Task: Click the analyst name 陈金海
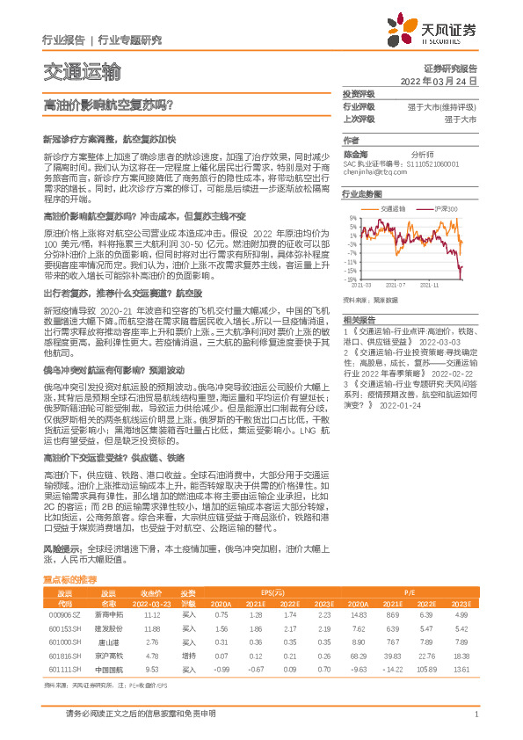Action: (354, 152)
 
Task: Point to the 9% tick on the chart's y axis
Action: (351, 217)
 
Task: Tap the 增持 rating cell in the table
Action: (188, 655)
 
